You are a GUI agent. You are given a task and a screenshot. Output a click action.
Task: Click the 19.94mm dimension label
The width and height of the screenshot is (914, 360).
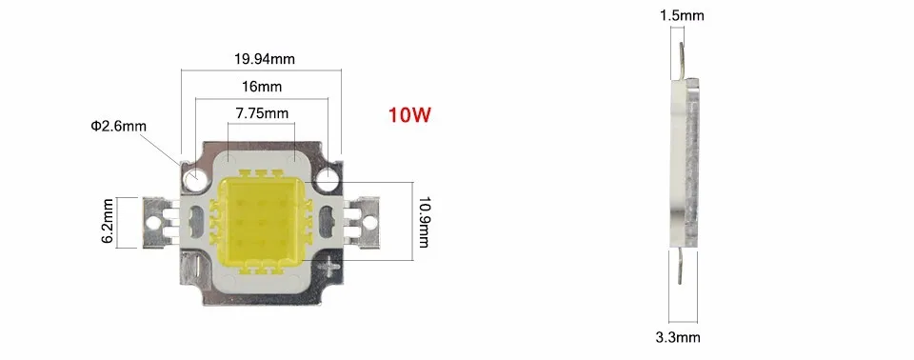[264, 59]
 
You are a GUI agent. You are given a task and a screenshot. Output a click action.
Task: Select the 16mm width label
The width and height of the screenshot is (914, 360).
[262, 87]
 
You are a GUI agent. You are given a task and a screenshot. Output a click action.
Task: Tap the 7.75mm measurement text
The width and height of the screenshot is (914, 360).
[262, 113]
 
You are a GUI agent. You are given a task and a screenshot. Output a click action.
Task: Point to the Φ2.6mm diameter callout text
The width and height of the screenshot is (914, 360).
[118, 126]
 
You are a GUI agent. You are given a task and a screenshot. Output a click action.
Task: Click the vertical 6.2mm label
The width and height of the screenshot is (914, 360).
[109, 222]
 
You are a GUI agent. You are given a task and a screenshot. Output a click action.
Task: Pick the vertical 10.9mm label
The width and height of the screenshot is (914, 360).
[424, 222]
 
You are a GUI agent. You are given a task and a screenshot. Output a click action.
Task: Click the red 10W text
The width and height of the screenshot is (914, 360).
[409, 115]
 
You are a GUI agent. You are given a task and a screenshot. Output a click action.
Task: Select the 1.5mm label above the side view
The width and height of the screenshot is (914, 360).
[682, 16]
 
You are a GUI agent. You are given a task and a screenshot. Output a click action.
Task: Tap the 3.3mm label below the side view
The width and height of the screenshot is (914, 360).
[678, 337]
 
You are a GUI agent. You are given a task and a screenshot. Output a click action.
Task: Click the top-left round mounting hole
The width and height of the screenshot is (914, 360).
[194, 179]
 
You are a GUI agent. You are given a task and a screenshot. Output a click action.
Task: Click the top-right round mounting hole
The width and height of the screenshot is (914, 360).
[328, 179]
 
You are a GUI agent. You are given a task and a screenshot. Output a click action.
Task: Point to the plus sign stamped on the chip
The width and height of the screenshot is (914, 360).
[331, 266]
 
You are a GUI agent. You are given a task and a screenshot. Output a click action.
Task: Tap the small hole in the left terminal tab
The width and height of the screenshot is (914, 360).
[154, 222]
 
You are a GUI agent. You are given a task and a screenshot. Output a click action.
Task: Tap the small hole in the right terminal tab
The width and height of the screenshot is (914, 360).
[368, 222]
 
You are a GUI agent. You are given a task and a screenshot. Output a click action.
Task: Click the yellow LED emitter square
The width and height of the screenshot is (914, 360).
[262, 221]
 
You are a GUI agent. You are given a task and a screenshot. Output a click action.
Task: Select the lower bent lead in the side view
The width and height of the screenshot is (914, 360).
[679, 266]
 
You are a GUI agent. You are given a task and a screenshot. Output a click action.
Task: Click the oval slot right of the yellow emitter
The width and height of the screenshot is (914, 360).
[326, 222]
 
